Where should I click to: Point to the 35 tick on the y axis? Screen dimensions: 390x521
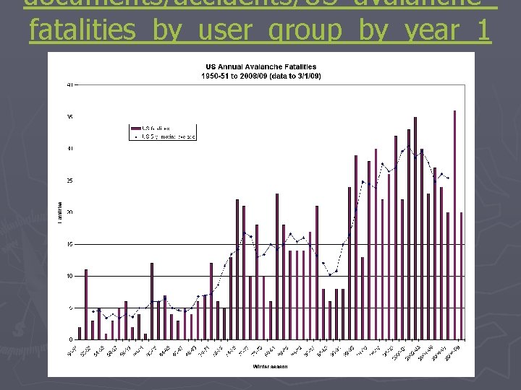click(x=69, y=117)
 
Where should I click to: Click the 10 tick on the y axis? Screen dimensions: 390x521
click(x=69, y=276)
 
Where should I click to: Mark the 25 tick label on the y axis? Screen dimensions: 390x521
click(x=69, y=181)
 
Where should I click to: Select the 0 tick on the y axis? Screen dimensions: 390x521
click(x=70, y=339)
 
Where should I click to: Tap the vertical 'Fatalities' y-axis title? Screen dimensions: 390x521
click(x=59, y=212)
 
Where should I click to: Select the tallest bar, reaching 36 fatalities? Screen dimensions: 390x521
click(x=454, y=225)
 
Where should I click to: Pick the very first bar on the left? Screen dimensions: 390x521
click(x=80, y=333)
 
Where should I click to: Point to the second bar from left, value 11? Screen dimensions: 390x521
click(x=86, y=304)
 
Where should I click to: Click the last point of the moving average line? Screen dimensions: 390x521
click(x=448, y=178)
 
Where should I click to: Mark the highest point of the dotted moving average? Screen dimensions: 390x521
click(x=408, y=147)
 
